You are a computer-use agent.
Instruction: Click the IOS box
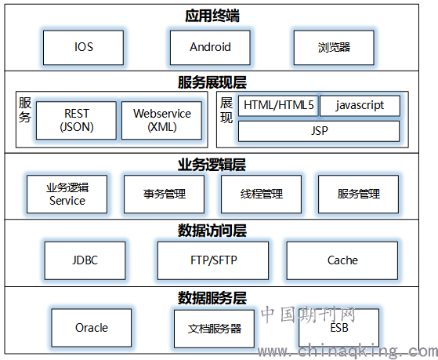click(x=83, y=48)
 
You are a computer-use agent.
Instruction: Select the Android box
click(x=210, y=48)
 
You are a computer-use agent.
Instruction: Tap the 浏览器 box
click(x=334, y=48)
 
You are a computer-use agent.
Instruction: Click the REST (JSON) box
click(x=76, y=120)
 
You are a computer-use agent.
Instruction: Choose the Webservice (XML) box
click(x=161, y=120)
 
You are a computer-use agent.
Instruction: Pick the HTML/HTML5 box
click(x=278, y=106)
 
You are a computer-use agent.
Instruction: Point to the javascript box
click(x=360, y=106)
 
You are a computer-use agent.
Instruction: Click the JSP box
click(x=319, y=131)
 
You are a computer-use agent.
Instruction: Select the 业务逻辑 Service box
click(x=67, y=195)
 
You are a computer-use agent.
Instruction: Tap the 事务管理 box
click(x=165, y=195)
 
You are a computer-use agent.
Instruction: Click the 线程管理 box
click(x=261, y=195)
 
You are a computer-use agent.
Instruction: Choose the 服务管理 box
click(x=358, y=195)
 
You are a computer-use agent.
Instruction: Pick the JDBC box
click(x=85, y=260)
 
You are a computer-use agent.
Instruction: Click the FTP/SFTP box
click(x=213, y=260)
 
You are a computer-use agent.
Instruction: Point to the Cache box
click(x=342, y=260)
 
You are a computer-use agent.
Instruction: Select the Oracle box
click(x=92, y=328)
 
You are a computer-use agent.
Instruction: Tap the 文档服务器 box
click(x=214, y=329)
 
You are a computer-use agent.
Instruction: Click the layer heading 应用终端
click(x=212, y=16)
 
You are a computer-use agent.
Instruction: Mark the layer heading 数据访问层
click(x=212, y=231)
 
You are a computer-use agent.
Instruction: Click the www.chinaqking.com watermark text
click(x=348, y=351)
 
